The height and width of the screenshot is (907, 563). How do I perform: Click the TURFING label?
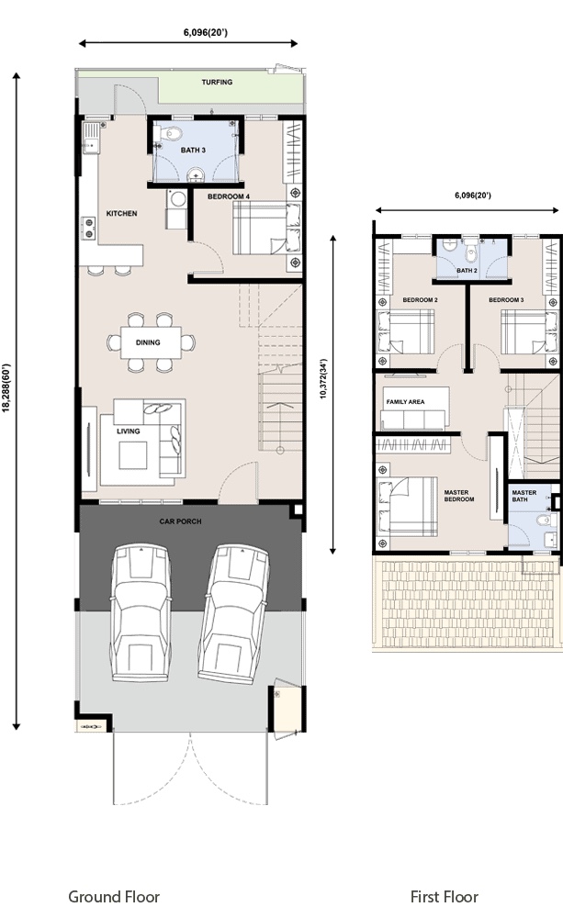pos(217,82)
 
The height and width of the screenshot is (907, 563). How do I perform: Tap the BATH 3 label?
pos(193,151)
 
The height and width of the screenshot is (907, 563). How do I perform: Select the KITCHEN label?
pos(121,214)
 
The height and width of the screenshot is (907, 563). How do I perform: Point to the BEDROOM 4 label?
pos(229,196)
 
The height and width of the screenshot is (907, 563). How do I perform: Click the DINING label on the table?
pos(148,342)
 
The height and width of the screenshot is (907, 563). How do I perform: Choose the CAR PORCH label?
pos(181,521)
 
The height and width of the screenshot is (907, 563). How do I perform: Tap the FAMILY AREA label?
pos(405,401)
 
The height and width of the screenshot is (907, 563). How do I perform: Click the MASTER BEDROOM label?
pos(459,496)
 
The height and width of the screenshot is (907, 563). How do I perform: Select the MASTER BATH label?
pos(524,496)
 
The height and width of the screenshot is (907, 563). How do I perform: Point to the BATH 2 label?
pos(467,270)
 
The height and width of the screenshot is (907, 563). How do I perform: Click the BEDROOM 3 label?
pos(506,299)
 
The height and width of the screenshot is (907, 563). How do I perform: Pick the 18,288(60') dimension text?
pos(6,387)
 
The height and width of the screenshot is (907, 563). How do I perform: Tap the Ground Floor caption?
pos(114,897)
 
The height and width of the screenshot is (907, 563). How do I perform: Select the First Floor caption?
pos(445,897)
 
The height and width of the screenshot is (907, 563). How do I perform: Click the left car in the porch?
pos(141,612)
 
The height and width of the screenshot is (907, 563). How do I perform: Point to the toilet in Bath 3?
pos(172,133)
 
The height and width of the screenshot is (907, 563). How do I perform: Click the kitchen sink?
pos(91,139)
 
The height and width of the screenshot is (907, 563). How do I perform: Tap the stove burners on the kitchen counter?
pos(89,228)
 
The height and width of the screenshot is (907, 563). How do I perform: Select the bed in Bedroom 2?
pos(406,331)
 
